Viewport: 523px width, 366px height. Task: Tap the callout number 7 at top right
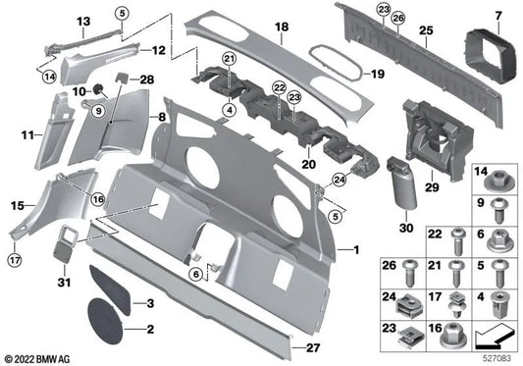[x=498, y=15]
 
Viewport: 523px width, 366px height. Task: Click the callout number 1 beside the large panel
[x=357, y=252]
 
